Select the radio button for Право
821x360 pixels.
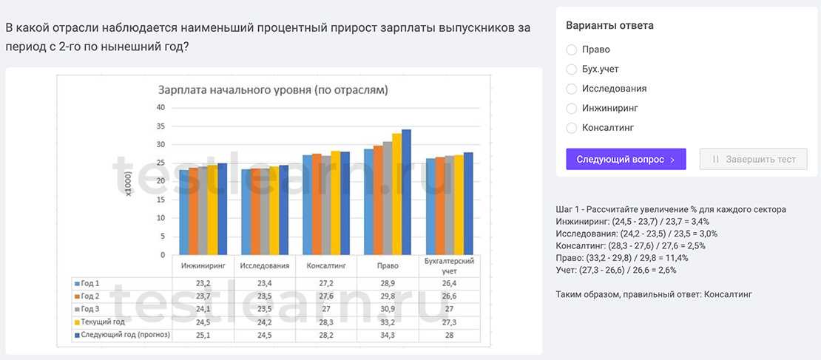(x=571, y=50)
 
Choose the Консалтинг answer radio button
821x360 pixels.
(x=571, y=128)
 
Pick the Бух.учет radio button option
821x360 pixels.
(x=571, y=69)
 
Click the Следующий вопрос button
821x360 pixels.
(x=626, y=159)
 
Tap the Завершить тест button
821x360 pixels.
(x=753, y=159)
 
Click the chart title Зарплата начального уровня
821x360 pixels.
(x=273, y=90)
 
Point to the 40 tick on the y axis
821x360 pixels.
(x=161, y=107)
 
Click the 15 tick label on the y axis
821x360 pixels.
(x=161, y=200)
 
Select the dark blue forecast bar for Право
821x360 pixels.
(x=406, y=192)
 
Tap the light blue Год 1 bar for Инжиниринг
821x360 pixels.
(x=183, y=212)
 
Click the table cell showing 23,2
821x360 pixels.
(x=203, y=283)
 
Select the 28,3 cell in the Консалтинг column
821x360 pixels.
(x=326, y=322)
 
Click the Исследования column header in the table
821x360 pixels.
(x=264, y=265)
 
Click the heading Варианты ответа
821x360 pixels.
(x=609, y=25)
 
